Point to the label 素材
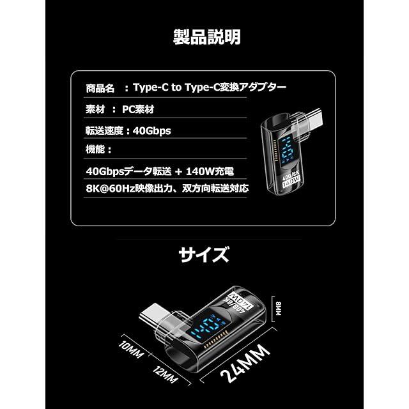tap(95, 109)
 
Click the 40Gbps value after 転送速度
tap(152, 130)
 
